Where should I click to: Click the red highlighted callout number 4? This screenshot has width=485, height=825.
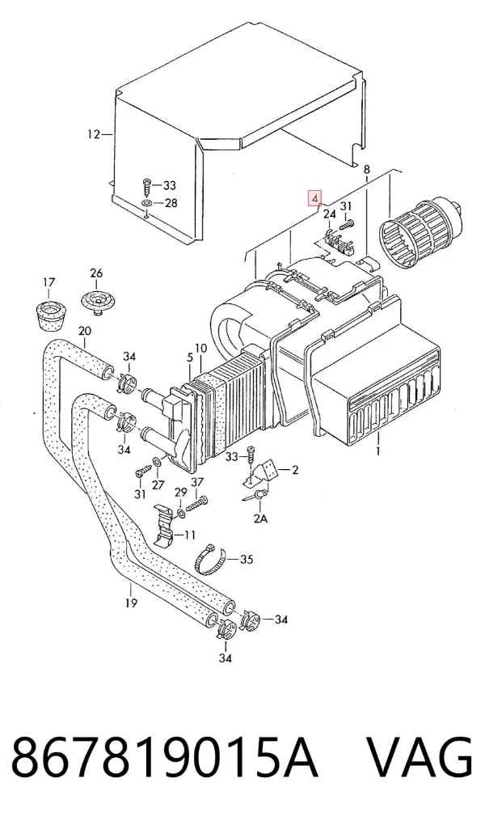coord(314,199)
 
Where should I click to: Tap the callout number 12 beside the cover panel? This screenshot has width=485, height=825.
coord(93,135)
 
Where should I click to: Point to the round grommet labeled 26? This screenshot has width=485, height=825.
coord(96,302)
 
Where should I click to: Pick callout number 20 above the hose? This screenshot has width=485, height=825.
coord(84,331)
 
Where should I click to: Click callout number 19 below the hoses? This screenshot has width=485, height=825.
coord(131,603)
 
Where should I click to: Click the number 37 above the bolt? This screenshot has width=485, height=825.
coord(197,483)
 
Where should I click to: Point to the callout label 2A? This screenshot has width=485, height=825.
coord(261,518)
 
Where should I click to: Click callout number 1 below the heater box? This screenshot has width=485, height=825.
coord(377,451)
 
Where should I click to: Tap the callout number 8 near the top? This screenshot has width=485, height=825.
coord(367,169)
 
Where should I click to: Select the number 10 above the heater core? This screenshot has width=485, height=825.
coord(200,348)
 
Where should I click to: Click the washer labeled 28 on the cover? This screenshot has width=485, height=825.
coord(147,203)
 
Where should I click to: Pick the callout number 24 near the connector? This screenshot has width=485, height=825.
coord(329,214)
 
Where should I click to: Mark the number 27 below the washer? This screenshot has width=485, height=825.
coord(158,484)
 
